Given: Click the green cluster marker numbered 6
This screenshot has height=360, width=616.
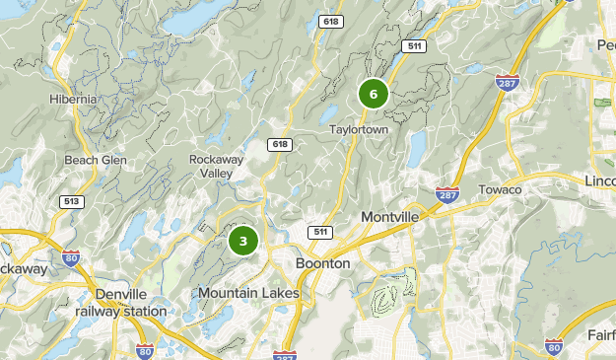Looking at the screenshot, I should (x=374, y=94).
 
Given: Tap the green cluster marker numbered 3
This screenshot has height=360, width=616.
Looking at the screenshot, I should (x=243, y=241).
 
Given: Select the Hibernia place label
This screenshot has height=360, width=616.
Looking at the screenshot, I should (x=73, y=100).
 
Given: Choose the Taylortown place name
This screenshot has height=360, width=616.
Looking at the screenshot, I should (x=359, y=129).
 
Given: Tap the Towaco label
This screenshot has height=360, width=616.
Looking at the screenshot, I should (x=499, y=188).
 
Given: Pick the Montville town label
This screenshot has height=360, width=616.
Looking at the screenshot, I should (x=390, y=216).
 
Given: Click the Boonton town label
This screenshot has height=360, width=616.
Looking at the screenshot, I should (x=323, y=264).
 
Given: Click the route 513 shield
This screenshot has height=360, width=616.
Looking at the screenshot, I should (x=70, y=201).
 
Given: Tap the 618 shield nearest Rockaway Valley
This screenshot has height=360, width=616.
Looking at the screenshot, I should (x=280, y=145).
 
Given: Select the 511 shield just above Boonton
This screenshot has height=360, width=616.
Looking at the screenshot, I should (x=317, y=232).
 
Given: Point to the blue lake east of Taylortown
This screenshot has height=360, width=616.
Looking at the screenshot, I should (x=417, y=148).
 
